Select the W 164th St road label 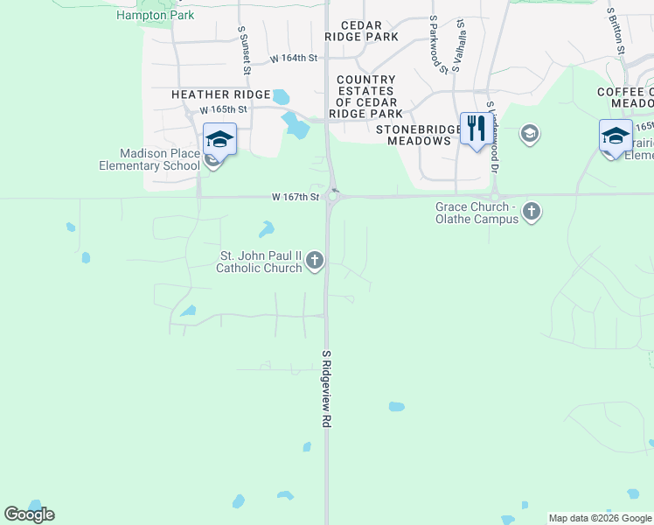coord(292,59)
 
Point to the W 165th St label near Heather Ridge coord(224,110)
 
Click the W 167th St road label coord(295,198)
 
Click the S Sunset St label coord(246,49)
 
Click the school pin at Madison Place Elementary coord(219,138)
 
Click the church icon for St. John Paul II coord(316,260)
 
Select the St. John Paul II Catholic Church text coord(259,262)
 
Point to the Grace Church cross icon coord(532,212)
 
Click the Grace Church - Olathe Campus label coord(477,213)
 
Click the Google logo coord(29,514)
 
